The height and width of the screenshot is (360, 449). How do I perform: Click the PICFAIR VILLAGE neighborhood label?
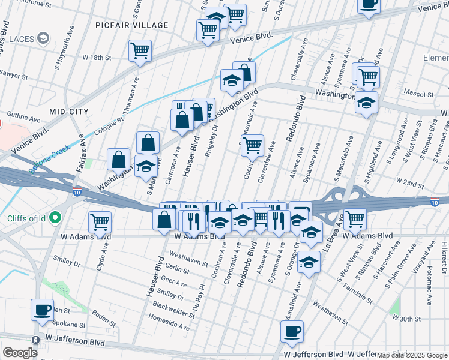tap(132, 25)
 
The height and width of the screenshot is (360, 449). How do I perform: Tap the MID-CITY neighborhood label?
tap(69, 112)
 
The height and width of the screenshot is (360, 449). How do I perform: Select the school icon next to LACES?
tap(43, 39)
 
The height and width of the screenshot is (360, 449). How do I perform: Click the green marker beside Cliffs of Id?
tap(56, 217)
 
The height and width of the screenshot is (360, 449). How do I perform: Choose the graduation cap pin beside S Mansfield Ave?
tap(309, 262)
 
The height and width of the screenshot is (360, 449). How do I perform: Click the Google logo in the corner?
tap(20, 353)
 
